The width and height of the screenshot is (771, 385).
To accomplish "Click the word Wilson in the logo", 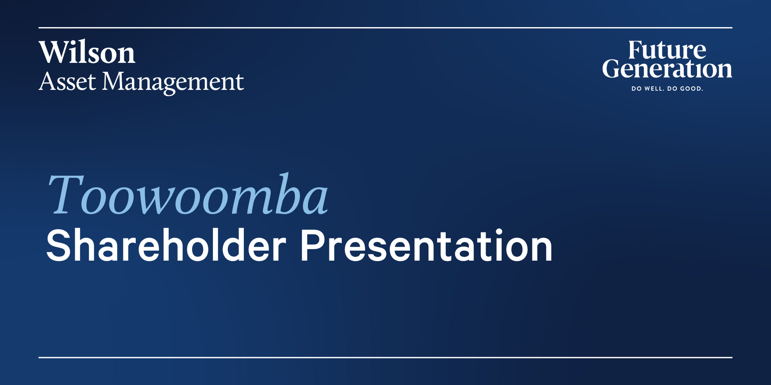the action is click(x=87, y=53).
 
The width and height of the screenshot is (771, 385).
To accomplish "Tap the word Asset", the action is click(x=67, y=82).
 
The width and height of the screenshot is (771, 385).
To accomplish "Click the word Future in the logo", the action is click(x=667, y=50).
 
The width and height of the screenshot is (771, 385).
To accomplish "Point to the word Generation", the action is click(x=667, y=69).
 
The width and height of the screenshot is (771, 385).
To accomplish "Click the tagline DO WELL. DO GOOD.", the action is click(x=667, y=89).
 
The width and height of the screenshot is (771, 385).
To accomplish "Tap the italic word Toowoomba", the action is click(x=188, y=194).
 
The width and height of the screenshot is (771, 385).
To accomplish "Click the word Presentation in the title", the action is click(x=426, y=245).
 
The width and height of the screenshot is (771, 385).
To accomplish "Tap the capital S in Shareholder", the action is click(x=58, y=245).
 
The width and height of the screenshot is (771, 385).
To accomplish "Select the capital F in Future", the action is click(x=636, y=50).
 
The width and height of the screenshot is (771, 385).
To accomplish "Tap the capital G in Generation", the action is click(x=611, y=69).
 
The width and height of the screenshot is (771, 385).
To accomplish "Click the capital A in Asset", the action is click(x=47, y=81).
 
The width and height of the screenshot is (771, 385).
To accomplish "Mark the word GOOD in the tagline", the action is click(x=691, y=89).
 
